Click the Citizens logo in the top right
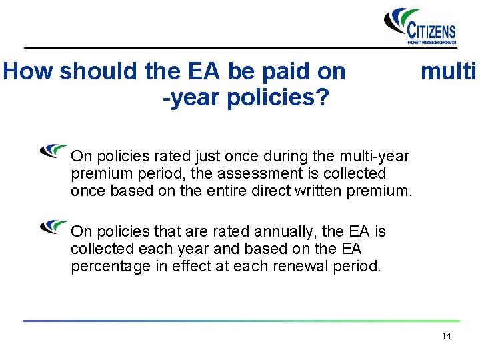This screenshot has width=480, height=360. tap(421, 26)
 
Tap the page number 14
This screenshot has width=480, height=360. tap(446, 336)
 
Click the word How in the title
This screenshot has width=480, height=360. tap(29, 72)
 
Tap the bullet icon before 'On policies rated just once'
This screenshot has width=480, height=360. tap(53, 151)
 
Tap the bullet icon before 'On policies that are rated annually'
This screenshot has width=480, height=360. tap(53, 227)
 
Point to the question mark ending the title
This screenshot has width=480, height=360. tap(322, 99)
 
